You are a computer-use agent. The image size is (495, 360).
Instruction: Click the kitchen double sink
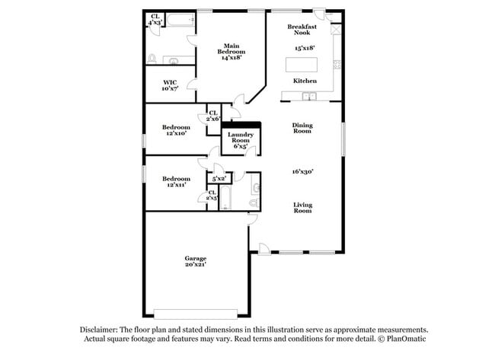coord(309,97)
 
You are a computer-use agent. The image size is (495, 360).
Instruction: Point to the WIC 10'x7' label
coord(171,85)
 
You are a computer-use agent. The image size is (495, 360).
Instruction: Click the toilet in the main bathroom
coord(153,58)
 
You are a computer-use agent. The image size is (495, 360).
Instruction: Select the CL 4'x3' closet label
coord(155,20)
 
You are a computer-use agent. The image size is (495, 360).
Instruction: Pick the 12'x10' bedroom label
coord(177,130)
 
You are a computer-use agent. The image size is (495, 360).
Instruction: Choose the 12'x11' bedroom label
coord(177,181)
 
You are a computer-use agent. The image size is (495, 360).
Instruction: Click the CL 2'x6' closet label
coord(213,116)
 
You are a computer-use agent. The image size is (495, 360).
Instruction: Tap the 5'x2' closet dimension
coord(219,179)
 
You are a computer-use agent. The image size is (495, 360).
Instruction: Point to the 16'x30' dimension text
coord(303,172)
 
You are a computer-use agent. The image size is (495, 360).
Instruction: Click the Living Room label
coord(303,207)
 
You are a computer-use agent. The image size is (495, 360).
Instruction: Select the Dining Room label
coord(303,129)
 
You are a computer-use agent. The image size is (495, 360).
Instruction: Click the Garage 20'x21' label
coord(195,262)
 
